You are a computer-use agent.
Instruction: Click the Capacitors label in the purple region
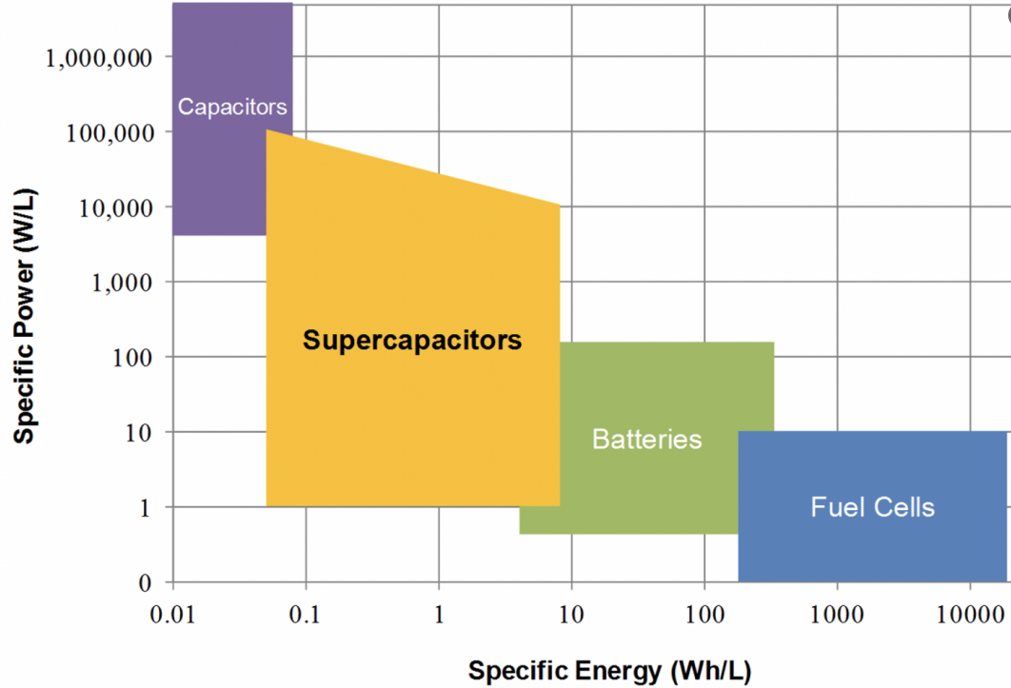232,106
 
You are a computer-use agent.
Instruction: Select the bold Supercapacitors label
412,340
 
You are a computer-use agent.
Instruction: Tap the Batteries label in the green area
646,439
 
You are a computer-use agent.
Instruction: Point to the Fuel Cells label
872,506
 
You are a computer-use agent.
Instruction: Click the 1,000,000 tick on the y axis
99,57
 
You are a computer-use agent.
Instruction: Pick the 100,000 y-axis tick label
109,132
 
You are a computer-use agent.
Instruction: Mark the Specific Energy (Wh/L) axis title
609,670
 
